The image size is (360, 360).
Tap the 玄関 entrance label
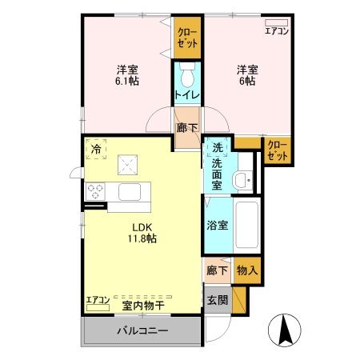[218, 302]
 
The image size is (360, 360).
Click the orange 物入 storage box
[247, 271]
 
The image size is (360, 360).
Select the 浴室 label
[217, 225]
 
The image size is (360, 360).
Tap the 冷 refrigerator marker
[96, 150]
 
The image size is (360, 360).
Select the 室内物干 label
[142, 304]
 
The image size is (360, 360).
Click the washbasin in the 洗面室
[244, 180]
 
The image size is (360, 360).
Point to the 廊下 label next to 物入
[217, 271]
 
